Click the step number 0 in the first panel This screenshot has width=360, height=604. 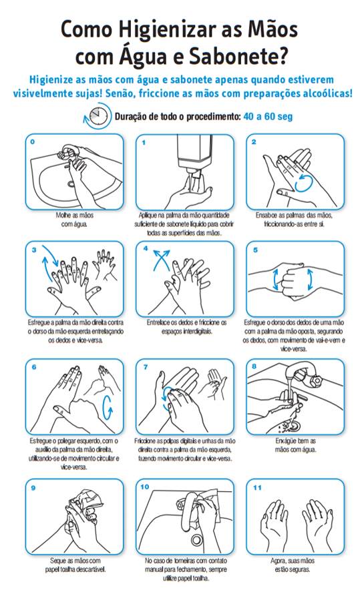pyautogui.click(x=32, y=142)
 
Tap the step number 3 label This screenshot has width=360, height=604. pyautogui.click(x=33, y=250)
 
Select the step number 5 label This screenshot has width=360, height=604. pyautogui.click(x=254, y=250)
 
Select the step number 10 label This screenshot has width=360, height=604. pyautogui.click(x=145, y=487)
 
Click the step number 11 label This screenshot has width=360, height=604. pyautogui.click(x=256, y=487)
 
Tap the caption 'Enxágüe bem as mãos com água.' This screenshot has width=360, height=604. pyautogui.click(x=295, y=445)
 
